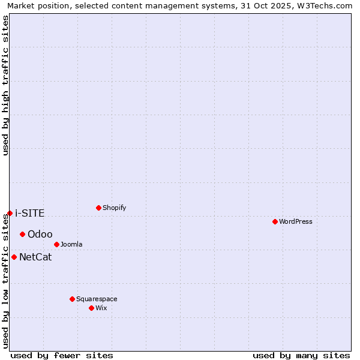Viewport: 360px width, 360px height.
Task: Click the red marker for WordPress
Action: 275,221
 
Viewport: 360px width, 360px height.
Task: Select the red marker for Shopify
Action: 98,208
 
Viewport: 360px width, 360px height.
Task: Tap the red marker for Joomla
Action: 56,244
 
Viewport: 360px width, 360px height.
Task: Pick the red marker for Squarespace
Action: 72,299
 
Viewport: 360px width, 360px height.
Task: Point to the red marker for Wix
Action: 91,308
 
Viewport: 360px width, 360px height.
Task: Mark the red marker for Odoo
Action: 22,234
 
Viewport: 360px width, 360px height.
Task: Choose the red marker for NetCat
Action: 14,257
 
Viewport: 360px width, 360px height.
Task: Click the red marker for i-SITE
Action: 10,213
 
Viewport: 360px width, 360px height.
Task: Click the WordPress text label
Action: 296,221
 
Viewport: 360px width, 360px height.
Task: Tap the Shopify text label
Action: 115,208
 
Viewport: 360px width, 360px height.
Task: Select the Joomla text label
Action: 71,244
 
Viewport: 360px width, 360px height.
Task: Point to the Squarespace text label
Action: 97,299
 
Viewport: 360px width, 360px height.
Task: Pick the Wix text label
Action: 101,308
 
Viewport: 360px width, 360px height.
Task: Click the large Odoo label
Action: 40,234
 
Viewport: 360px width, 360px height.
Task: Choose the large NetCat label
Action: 35,257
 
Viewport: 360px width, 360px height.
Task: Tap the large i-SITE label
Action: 30,213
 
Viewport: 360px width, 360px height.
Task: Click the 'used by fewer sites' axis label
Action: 62,355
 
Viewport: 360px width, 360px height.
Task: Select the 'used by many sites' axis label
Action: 301,355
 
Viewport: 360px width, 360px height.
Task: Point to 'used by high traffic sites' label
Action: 5,85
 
